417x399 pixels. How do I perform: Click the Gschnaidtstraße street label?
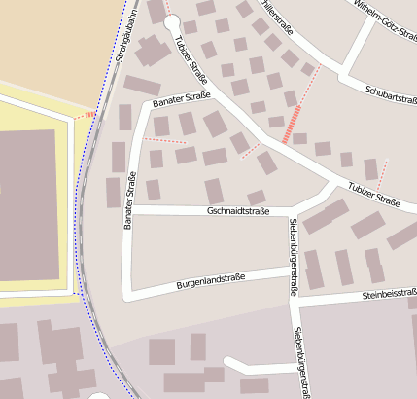(x=238, y=210)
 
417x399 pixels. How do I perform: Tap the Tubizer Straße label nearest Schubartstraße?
(x=374, y=195)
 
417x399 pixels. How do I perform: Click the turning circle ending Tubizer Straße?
(x=172, y=22)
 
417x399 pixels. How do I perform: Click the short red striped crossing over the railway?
(x=86, y=115)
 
